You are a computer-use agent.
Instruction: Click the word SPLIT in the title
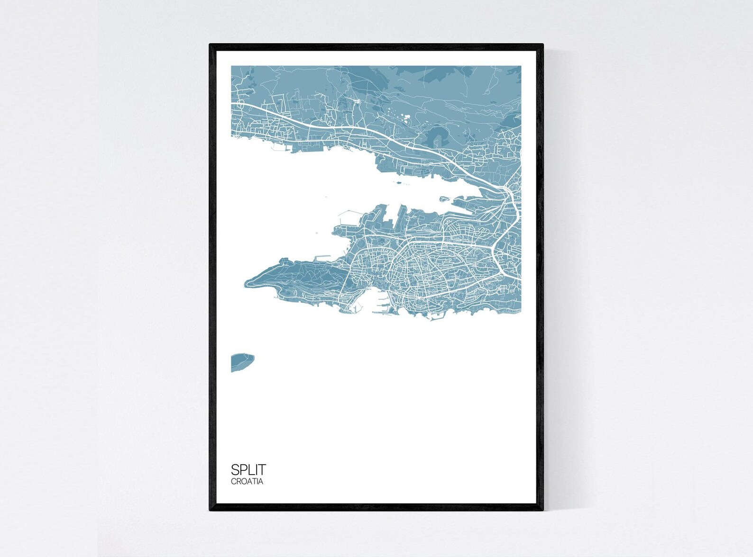pos(248,469)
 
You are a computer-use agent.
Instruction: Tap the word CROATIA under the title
pos(247,482)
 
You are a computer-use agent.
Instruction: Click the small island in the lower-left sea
pos(242,362)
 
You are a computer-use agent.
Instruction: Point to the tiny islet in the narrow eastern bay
pos(444,199)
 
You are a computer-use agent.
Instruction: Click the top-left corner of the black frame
pos(211,45)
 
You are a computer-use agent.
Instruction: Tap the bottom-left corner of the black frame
pos(211,510)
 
